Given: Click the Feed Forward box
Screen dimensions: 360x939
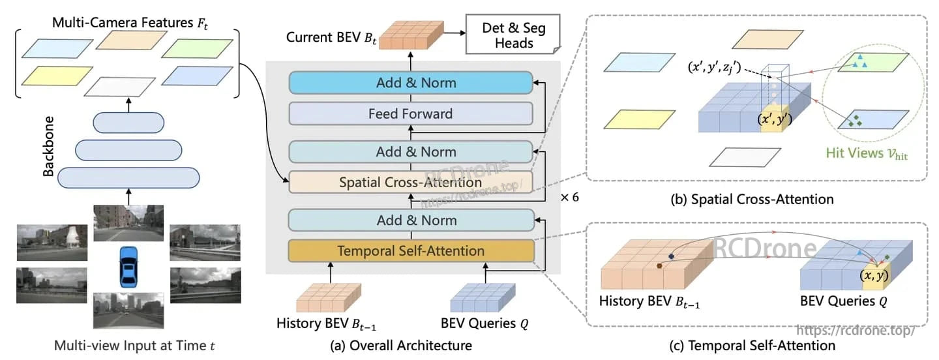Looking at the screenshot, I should pyautogui.click(x=410, y=113).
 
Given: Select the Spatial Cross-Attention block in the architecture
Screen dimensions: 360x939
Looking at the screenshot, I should pyautogui.click(x=410, y=183).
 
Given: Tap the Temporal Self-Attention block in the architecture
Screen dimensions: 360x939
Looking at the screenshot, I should pyautogui.click(x=410, y=251).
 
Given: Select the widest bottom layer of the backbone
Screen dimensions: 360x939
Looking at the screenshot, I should pyautogui.click(x=128, y=177).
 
